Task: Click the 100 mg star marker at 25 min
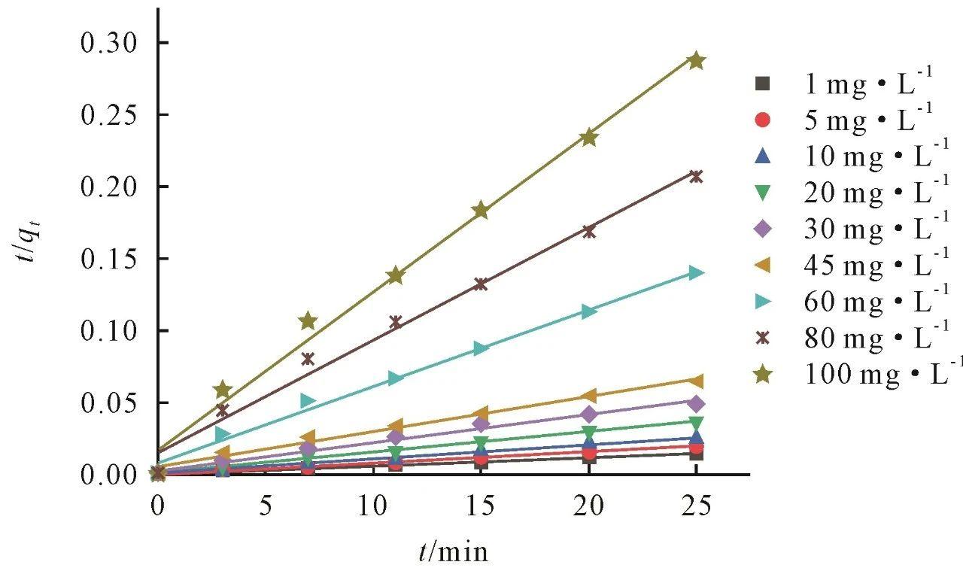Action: pyautogui.click(x=697, y=61)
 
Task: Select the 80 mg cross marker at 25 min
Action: pyautogui.click(x=697, y=177)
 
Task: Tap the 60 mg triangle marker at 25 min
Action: pyautogui.click(x=697, y=272)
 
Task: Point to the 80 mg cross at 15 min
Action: pyautogui.click(x=481, y=284)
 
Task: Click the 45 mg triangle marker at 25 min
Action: pyautogui.click(x=697, y=381)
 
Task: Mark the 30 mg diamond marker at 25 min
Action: pyautogui.click(x=697, y=402)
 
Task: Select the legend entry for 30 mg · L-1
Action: pyautogui.click(x=858, y=230)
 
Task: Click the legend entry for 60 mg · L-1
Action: pyautogui.click(x=858, y=302)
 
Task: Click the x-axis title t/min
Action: pyautogui.click(x=454, y=552)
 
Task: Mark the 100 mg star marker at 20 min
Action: pyautogui.click(x=589, y=138)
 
